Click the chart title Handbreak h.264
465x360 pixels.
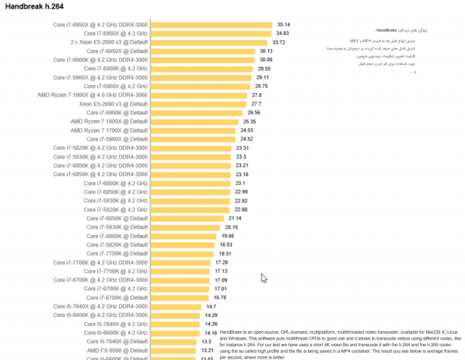34,6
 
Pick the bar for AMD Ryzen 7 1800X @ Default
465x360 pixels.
196,121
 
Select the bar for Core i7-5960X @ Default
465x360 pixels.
193,139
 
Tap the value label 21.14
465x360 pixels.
235,218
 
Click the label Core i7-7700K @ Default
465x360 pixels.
117,253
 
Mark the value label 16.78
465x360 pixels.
219,297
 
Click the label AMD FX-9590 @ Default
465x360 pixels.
118,350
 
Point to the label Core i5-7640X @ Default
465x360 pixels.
117,341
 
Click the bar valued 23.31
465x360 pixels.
191,148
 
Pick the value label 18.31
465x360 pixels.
225,253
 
